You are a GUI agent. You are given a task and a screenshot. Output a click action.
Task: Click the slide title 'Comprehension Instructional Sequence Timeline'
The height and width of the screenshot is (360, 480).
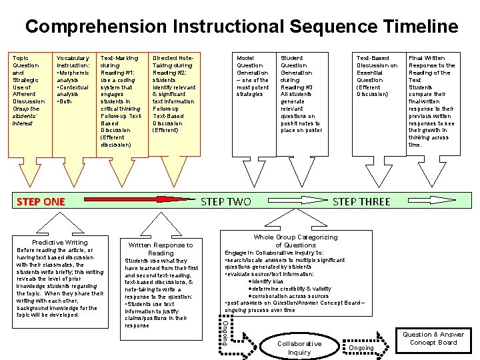pyautogui.click(x=241, y=27)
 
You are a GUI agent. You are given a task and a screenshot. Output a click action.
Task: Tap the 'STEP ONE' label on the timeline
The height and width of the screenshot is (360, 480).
pyautogui.click(x=41, y=201)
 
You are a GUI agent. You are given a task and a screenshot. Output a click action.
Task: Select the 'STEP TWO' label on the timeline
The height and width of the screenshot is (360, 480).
pyautogui.click(x=226, y=201)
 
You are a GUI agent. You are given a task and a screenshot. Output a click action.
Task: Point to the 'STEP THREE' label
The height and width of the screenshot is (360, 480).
pyautogui.click(x=361, y=201)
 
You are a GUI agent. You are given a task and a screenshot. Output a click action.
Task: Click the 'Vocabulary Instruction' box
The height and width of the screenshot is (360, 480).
pyautogui.click(x=73, y=80)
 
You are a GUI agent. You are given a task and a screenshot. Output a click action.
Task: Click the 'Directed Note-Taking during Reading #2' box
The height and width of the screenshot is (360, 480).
pyautogui.click(x=174, y=94)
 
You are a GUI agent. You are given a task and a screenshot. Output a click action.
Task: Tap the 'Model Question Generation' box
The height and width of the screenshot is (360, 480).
pyautogui.click(x=253, y=76)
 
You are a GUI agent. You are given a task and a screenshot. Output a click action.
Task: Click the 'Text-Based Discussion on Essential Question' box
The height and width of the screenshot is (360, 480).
pyautogui.click(x=377, y=76)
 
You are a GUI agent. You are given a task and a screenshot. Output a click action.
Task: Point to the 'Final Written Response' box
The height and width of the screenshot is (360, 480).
pyautogui.click(x=431, y=101)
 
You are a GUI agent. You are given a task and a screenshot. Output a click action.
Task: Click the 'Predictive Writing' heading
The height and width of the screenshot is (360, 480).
pyautogui.click(x=60, y=242)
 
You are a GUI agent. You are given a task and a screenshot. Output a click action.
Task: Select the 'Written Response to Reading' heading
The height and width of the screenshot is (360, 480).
pyautogui.click(x=161, y=249)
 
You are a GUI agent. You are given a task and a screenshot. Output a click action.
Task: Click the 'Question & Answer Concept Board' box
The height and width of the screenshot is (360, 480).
pyautogui.click(x=433, y=338)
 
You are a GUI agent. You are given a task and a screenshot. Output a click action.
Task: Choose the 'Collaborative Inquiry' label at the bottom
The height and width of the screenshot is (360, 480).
pyautogui.click(x=299, y=347)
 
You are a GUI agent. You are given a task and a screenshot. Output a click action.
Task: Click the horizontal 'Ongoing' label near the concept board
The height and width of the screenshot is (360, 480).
pyautogui.click(x=362, y=348)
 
